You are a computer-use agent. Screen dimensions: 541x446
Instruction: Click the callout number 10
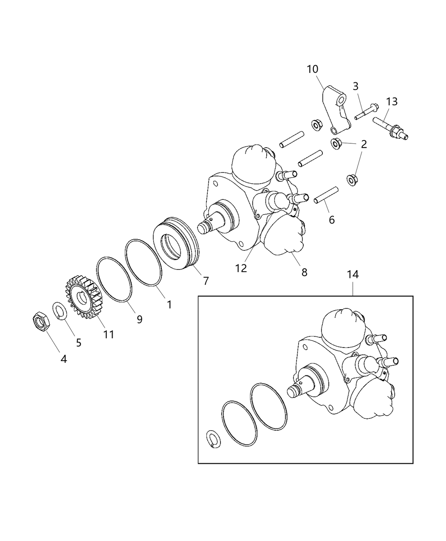point(312,69)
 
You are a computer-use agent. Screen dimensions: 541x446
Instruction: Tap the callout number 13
point(392,101)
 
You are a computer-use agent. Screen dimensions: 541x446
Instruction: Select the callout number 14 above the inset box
point(353,275)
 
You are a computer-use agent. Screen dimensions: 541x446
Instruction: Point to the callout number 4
point(63,359)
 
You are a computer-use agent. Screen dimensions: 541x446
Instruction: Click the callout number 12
point(241,268)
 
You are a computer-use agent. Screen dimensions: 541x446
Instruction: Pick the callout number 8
point(304,272)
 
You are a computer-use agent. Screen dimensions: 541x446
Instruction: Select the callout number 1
point(169,304)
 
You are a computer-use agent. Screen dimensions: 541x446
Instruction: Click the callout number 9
point(139,319)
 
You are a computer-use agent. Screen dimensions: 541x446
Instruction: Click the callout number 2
point(364,144)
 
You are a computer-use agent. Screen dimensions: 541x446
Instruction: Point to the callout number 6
point(331,219)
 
